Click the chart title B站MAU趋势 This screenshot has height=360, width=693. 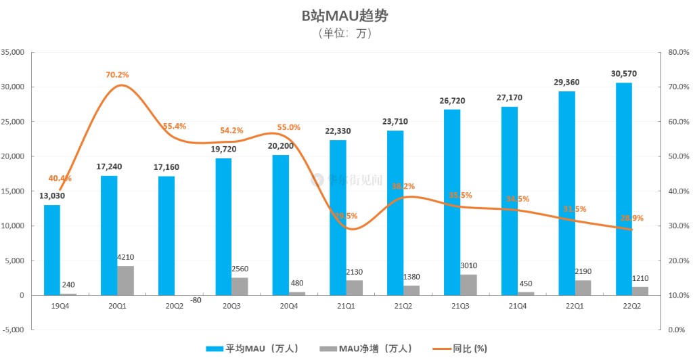[345, 15]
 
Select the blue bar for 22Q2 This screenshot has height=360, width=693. [624, 189]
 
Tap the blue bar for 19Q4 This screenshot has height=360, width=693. [52, 250]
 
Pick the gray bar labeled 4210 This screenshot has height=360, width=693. [125, 280]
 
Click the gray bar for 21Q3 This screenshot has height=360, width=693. [468, 284]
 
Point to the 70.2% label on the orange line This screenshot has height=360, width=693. [117, 74]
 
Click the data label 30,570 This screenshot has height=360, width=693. [623, 74]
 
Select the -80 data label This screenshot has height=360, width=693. [196, 300]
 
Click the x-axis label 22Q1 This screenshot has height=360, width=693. [575, 306]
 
